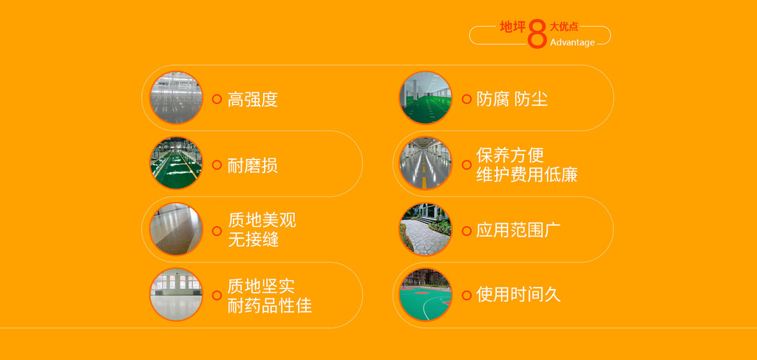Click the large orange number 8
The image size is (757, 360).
pyautogui.click(x=537, y=34)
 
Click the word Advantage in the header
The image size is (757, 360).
pyautogui.click(x=572, y=42)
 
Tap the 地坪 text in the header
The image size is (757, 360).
pyautogui.click(x=512, y=27)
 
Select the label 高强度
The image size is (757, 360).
pyautogui.click(x=253, y=99)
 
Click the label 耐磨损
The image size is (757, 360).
pyautogui.click(x=253, y=166)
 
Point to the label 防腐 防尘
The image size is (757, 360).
pyautogui.click(x=512, y=99)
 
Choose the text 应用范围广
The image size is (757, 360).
pyautogui.click(x=518, y=230)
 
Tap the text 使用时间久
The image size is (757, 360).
pyautogui.click(x=518, y=295)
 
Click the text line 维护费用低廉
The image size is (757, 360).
pyautogui.click(x=526, y=174)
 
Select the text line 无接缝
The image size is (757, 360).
pyautogui.click(x=254, y=240)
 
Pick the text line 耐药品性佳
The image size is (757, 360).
pyautogui.click(x=269, y=305)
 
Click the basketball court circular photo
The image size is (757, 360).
pyautogui.click(x=425, y=295)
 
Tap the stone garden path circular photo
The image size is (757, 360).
pyautogui.click(x=425, y=229)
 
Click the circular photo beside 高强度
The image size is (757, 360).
pyautogui.click(x=176, y=98)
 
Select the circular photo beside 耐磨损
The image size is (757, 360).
pyautogui.click(x=176, y=163)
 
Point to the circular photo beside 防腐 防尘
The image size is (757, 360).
pyautogui.click(x=425, y=98)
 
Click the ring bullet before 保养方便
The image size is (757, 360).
pyautogui.click(x=466, y=165)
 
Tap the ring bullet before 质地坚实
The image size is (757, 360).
pyautogui.click(x=217, y=296)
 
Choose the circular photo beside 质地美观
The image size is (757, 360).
pyautogui.click(x=176, y=229)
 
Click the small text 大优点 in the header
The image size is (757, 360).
pyautogui.click(x=564, y=27)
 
